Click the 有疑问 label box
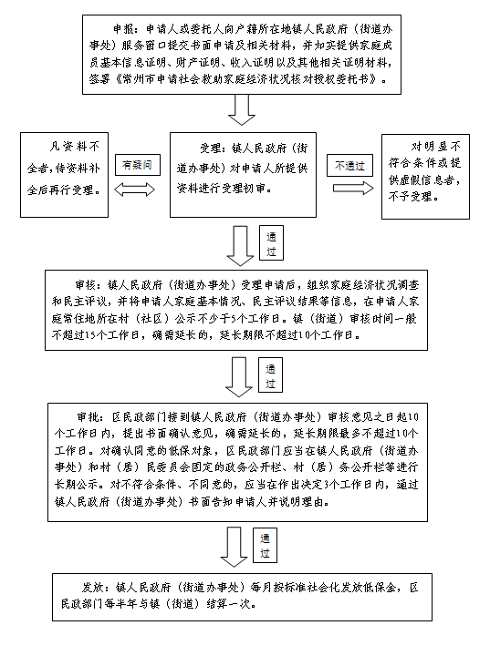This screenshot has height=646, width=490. [138, 165]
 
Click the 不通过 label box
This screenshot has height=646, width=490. [349, 166]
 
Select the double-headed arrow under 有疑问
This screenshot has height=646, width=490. [134, 190]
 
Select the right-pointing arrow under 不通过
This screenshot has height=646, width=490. [353, 189]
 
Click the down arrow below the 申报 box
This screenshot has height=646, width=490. [242, 110]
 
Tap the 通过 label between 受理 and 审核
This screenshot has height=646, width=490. [271, 243]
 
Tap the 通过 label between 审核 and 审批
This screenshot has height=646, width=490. [270, 374]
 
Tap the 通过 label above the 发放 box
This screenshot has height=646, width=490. [265, 546]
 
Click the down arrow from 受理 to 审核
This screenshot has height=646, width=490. [241, 246]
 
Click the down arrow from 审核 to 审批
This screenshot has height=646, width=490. [239, 377]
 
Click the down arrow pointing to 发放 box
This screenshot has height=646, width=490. [234, 547]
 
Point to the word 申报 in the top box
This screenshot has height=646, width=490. [123, 29]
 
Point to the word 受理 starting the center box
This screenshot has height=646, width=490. [211, 149]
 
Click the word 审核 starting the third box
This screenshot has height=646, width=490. [86, 285]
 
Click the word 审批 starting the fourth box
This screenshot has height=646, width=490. [88, 417]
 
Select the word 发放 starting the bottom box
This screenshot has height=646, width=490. [92, 587]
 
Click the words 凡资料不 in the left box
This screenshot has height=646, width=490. [75, 147]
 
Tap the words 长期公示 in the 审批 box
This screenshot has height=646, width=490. [77, 484]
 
